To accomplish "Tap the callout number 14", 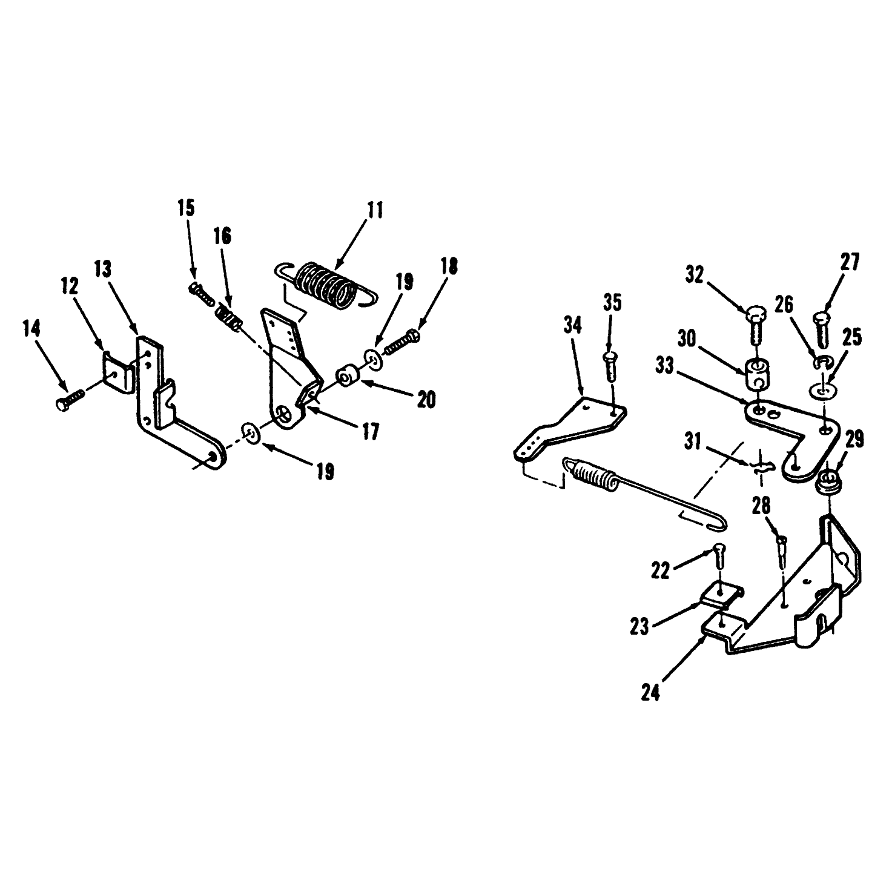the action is pyautogui.click(x=31, y=329).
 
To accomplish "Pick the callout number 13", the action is pyautogui.click(x=103, y=269).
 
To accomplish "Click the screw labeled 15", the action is pyautogui.click(x=202, y=294).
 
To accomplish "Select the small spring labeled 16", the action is pyautogui.click(x=228, y=317).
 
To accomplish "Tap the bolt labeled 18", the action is pyautogui.click(x=401, y=341).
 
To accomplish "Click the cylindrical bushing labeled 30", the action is pyautogui.click(x=755, y=375).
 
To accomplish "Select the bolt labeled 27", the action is pyautogui.click(x=821, y=329).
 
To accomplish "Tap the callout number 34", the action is pyautogui.click(x=572, y=325).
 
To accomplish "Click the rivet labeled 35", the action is pyautogui.click(x=610, y=366).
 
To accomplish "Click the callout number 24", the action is pyautogui.click(x=650, y=693).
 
